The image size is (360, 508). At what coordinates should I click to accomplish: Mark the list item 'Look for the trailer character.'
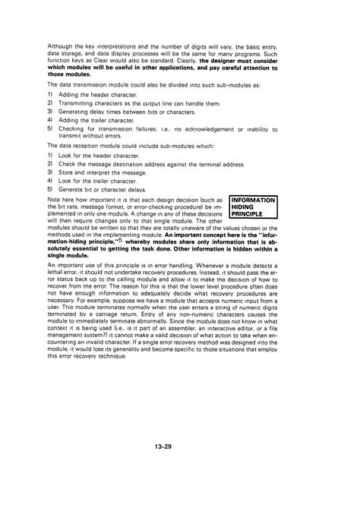(96, 180)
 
